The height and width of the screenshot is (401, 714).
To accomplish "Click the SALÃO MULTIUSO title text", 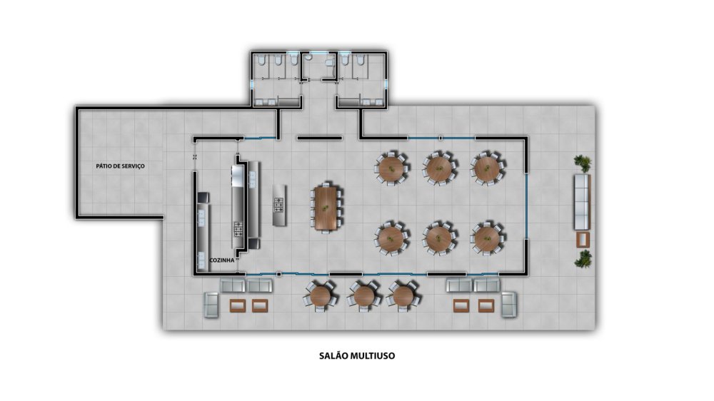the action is pyautogui.click(x=357, y=356).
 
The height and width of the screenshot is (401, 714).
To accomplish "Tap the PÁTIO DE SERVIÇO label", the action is pyautogui.click(x=120, y=166).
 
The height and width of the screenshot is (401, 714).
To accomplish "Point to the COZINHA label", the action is pyautogui.click(x=222, y=260).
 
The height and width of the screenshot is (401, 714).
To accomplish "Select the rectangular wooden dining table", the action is pyautogui.click(x=326, y=208).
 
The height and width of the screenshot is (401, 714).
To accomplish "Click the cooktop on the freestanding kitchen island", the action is pyautogui.click(x=278, y=205).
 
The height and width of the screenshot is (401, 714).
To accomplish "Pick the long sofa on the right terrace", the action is pyautogui.click(x=582, y=202).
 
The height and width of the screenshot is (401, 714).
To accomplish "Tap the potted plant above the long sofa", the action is pyautogui.click(x=583, y=163).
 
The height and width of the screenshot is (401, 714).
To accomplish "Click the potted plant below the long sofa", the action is pyautogui.click(x=583, y=258).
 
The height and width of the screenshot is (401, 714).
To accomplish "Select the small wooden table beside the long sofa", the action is pyautogui.click(x=583, y=240).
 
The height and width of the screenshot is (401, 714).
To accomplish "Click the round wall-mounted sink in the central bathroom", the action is pyautogui.click(x=308, y=58).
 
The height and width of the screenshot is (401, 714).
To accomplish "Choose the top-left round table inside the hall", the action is pyautogui.click(x=391, y=168).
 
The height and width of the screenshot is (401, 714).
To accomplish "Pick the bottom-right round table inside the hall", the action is pyautogui.click(x=487, y=238).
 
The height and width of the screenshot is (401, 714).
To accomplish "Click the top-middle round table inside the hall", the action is pyautogui.click(x=438, y=168).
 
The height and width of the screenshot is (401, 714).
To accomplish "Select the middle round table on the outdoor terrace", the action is pyautogui.click(x=364, y=296).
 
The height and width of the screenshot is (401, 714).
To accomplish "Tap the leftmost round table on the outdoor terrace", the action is pyautogui.click(x=321, y=296).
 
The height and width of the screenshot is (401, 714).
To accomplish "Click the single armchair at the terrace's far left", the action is pyautogui.click(x=211, y=305).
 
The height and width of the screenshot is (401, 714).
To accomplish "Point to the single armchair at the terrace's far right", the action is pyautogui.click(x=509, y=305).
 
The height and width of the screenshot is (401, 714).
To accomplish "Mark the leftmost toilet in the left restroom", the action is pyautogui.click(x=262, y=60).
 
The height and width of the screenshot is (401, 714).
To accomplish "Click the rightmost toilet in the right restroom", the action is pyautogui.click(x=359, y=60).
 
